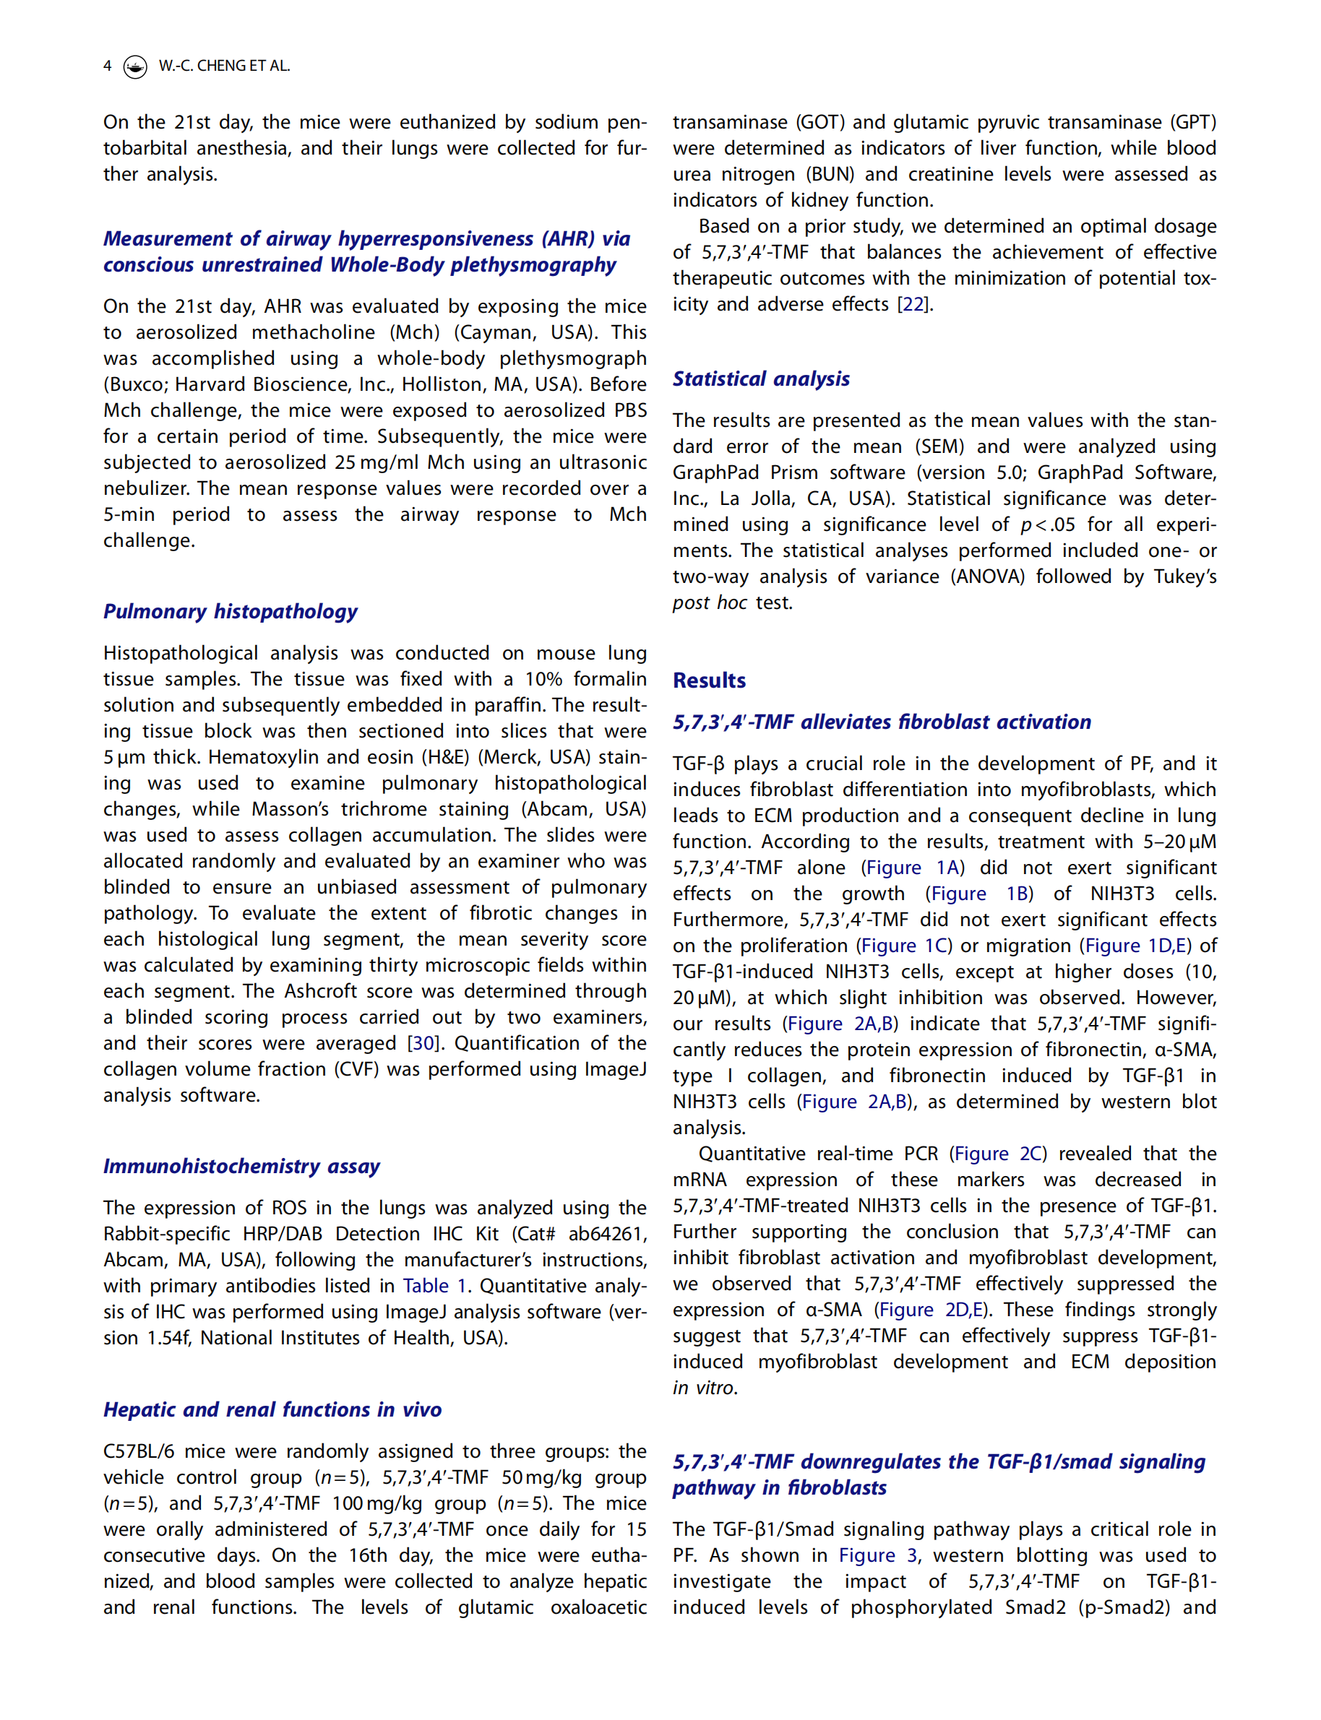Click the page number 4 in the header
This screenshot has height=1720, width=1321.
(107, 66)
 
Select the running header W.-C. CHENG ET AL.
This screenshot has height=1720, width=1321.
(224, 66)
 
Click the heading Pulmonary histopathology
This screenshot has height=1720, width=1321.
(230, 611)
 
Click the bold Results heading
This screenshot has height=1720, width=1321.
(708, 680)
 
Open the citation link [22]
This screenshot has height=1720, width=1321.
(913, 304)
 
